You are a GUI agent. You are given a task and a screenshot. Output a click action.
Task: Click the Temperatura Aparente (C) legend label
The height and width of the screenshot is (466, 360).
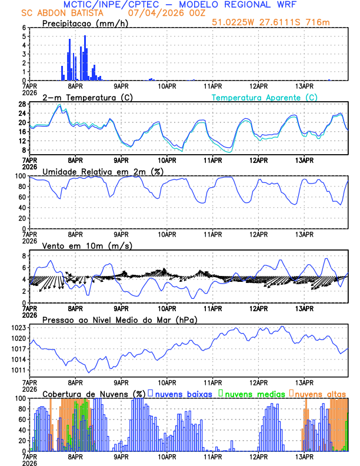[x=265, y=97]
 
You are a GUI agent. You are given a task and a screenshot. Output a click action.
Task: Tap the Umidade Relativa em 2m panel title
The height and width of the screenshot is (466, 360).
[x=99, y=171]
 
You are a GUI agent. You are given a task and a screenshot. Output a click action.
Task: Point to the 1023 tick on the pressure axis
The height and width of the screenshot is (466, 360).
[x=18, y=327]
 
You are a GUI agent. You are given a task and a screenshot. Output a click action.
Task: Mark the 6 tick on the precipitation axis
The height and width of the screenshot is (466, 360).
[x=24, y=27]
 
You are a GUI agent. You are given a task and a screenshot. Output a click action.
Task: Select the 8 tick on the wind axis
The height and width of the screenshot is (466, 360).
[x=24, y=256]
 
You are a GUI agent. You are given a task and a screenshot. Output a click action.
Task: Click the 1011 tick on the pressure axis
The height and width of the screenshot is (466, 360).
[x=18, y=370]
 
